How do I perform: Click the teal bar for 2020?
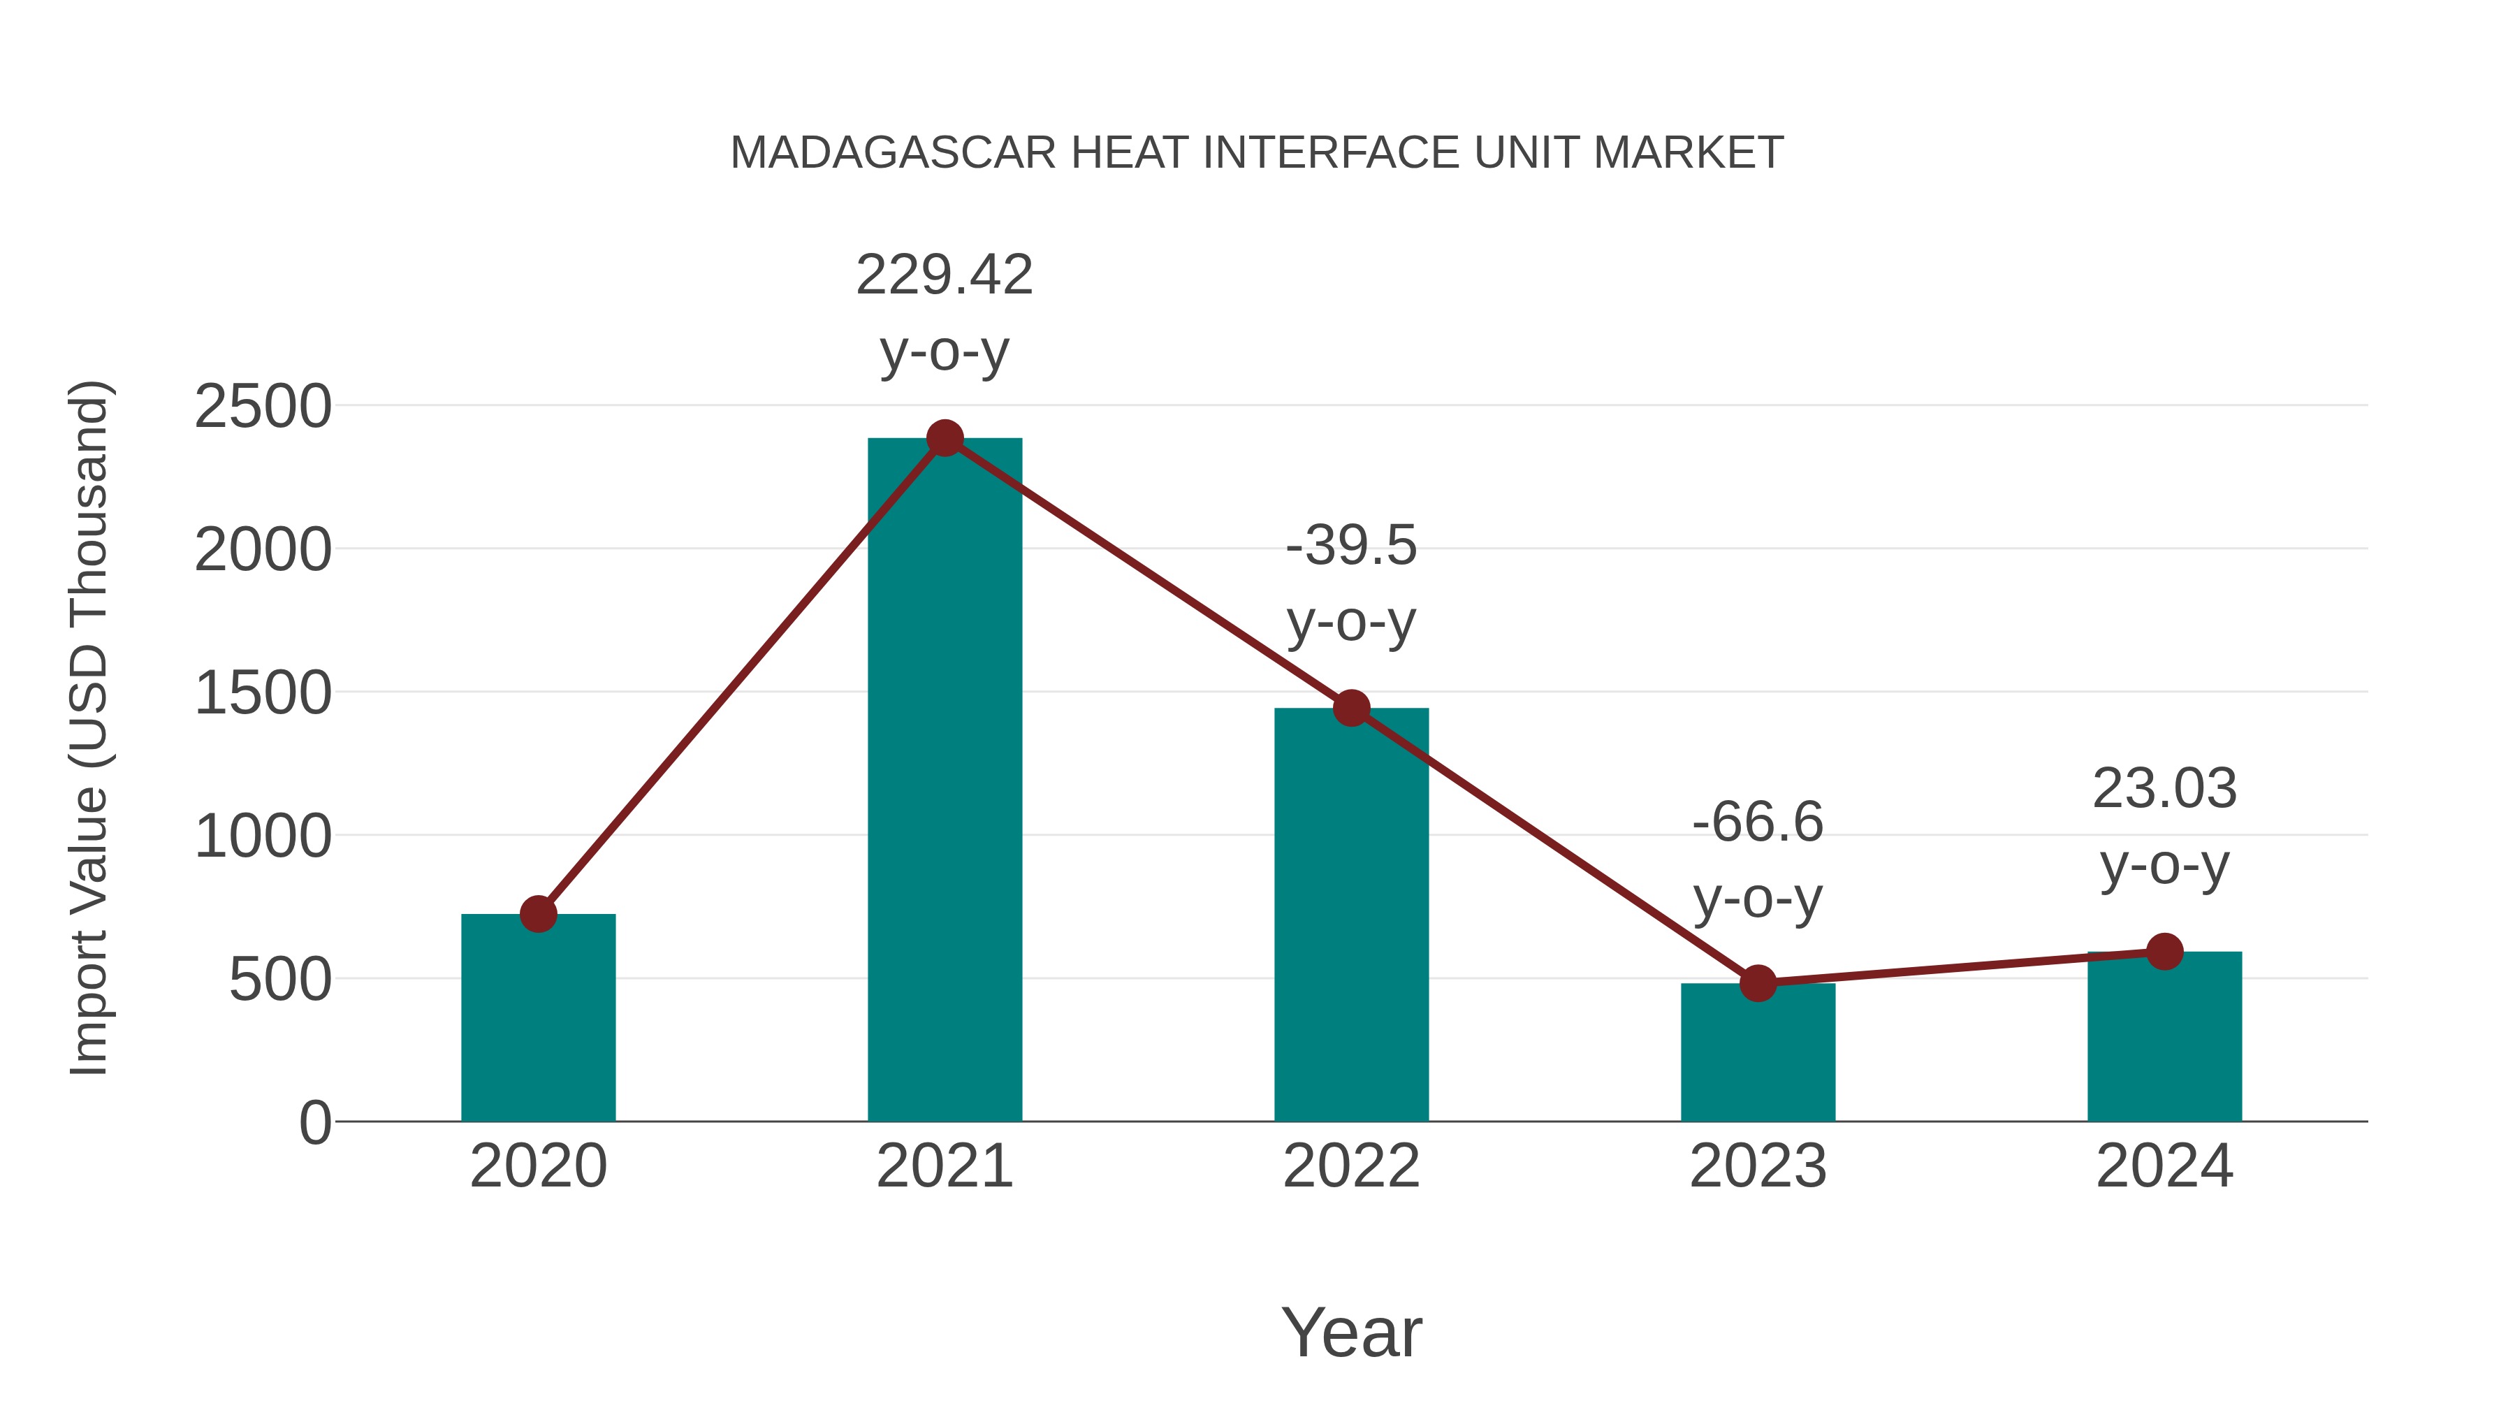click(x=538, y=1020)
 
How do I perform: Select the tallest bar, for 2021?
click(x=944, y=781)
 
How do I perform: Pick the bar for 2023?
click(x=1758, y=1054)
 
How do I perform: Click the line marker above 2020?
click(x=538, y=915)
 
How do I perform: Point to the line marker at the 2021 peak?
click(x=944, y=438)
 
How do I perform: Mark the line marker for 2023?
click(x=1758, y=983)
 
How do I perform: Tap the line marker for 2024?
click(x=2164, y=951)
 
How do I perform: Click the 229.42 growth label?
click(x=944, y=275)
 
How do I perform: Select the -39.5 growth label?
click(x=1351, y=545)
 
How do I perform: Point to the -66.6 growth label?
click(x=1758, y=822)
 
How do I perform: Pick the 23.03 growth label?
click(x=2164, y=789)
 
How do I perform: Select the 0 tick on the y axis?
click(x=314, y=1123)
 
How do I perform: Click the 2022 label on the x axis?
click(x=1351, y=1166)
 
